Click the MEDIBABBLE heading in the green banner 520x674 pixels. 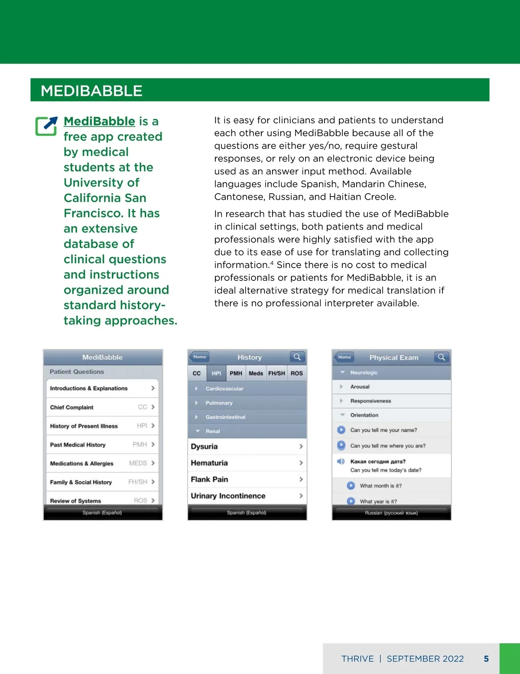91,91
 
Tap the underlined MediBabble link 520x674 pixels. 99,121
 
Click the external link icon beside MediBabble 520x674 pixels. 46,126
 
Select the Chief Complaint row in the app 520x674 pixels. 102,407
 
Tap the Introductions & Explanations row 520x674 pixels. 102,388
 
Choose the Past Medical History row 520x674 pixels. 102,445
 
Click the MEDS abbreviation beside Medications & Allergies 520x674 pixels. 138,464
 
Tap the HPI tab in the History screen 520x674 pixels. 216,373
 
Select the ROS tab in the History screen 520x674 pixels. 297,373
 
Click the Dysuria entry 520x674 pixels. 247,447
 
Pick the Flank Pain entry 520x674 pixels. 247,480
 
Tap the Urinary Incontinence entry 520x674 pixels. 247,496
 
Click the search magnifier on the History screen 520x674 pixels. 297,357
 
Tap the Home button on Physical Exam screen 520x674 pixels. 344,357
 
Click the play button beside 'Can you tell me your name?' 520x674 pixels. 341,430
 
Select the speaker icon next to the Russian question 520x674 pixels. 341,461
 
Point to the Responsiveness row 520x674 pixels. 370,401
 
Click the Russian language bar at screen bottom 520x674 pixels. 391,513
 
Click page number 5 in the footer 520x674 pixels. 486,659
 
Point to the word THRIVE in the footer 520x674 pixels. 357,659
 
